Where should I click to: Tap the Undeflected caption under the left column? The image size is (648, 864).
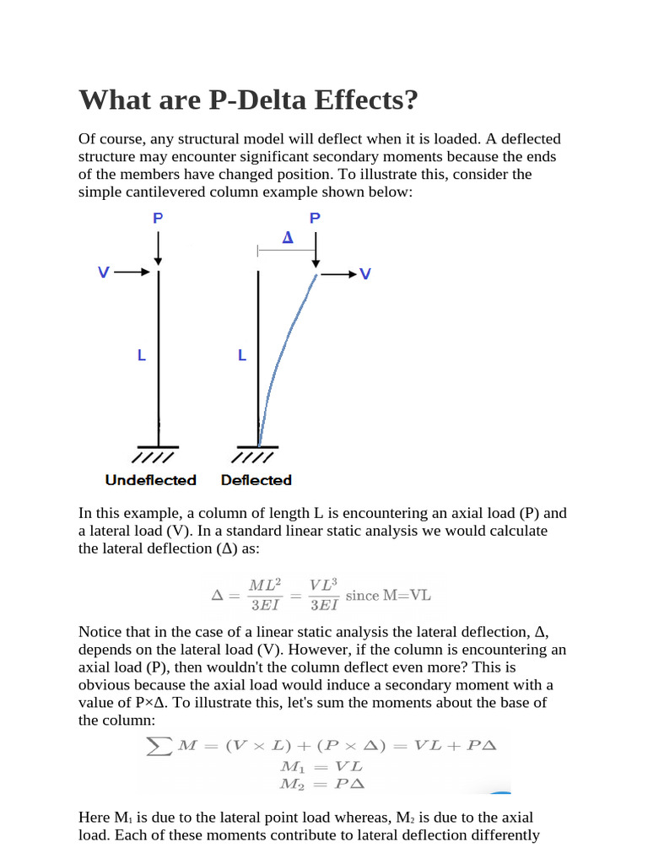(150, 480)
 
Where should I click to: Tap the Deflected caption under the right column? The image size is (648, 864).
(256, 480)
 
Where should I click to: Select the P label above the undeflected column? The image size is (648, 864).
(158, 218)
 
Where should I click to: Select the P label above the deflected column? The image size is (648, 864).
(315, 218)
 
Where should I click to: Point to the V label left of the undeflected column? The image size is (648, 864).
(103, 273)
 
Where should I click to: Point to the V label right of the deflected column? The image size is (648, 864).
(365, 274)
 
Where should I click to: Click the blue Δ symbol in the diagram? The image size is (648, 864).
(287, 238)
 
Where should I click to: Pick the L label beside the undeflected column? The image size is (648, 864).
(142, 356)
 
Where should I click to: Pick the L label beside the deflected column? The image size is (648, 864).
(242, 356)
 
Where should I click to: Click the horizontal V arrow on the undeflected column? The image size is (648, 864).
(132, 273)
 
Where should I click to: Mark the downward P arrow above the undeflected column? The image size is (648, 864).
(158, 248)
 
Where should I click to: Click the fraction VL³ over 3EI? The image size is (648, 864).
(324, 595)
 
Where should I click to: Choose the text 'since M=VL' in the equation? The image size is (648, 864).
(388, 595)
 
